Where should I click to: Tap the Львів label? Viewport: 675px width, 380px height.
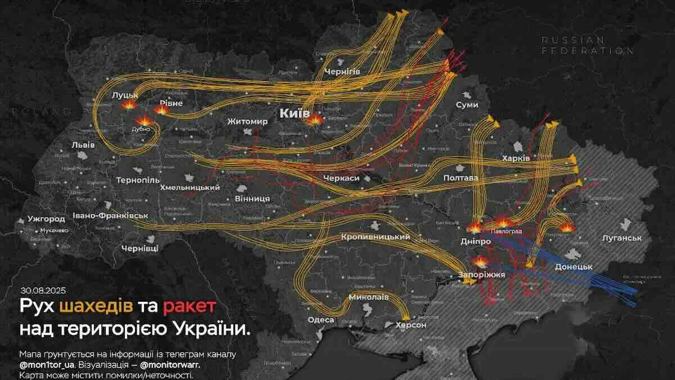point(83,145)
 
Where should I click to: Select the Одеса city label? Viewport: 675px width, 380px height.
point(321,320)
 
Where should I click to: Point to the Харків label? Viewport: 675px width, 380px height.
point(516,159)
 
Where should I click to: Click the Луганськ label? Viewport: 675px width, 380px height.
point(622,238)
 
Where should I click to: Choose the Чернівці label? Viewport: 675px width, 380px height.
point(140,248)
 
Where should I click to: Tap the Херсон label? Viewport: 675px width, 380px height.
point(411,325)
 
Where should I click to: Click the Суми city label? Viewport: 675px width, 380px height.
point(467,105)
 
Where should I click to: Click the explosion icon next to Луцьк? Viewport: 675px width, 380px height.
point(130,105)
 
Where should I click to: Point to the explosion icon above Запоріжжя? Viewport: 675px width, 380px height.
point(481,261)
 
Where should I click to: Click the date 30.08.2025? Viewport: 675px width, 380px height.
point(43,290)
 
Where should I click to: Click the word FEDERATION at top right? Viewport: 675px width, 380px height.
point(587,50)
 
